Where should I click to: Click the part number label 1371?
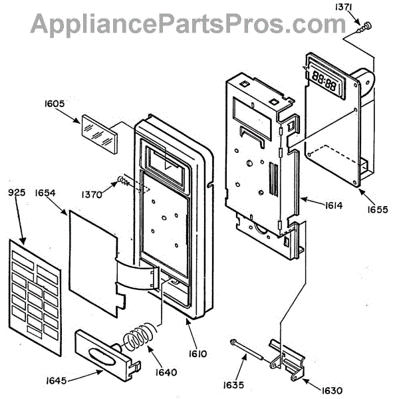coord(343,7)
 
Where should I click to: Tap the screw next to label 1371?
coord(364,27)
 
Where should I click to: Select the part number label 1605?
coord(55,104)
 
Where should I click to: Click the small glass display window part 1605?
coord(100,134)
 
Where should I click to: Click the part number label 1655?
coord(378,209)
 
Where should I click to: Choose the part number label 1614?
coord(334,205)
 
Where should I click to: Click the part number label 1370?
coord(92,195)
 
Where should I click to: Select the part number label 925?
coord(17,192)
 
